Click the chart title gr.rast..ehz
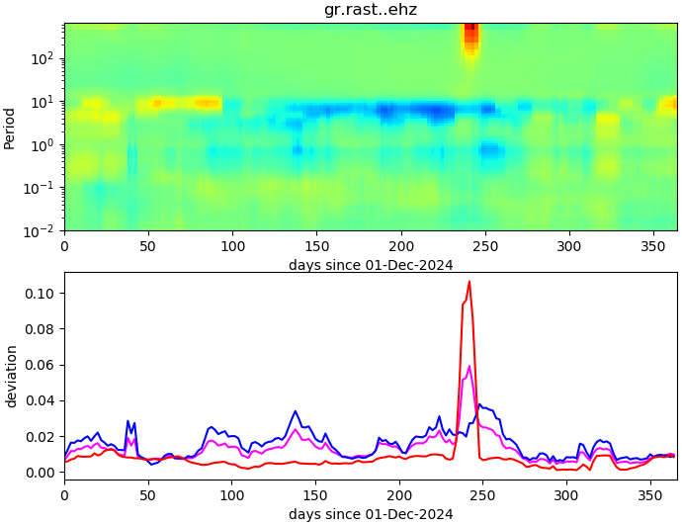coord(371,10)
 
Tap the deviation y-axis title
coord(11,376)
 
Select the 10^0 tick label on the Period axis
coord(45,145)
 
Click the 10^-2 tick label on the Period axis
coord(43,231)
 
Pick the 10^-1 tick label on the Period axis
coord(43,188)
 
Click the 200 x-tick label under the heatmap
coord(400,246)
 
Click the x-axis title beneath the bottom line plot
coord(371,514)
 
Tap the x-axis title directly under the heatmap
coord(371,265)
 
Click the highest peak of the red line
coord(469,282)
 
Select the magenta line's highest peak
coord(469,367)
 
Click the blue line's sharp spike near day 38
coord(128,421)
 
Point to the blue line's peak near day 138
coord(295,411)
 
